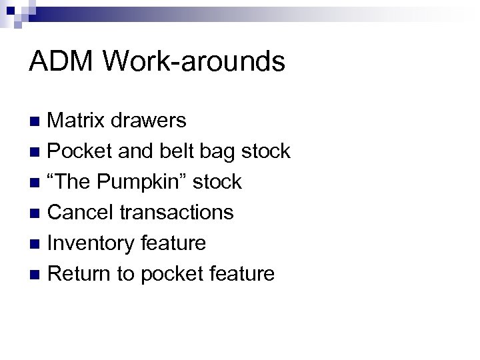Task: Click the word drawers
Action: pyautogui.click(x=149, y=120)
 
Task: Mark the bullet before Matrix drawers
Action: pyautogui.click(x=38, y=121)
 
